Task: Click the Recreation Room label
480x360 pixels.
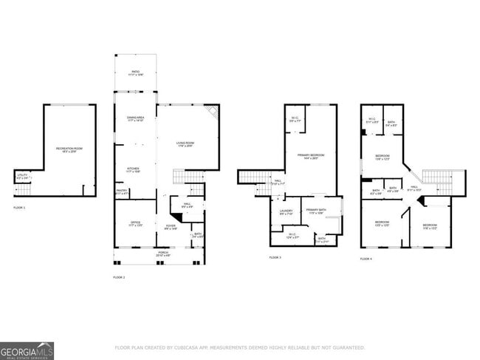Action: click(69, 150)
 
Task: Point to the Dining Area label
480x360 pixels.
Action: click(135, 120)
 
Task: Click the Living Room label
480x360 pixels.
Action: click(185, 144)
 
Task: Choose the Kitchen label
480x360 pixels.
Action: click(133, 169)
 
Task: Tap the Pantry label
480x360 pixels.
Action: click(122, 191)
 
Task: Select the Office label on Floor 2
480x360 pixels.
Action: click(135, 223)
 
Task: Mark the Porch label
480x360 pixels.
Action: click(162, 255)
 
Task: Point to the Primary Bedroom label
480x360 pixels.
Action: click(306, 156)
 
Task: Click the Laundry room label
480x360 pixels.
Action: click(286, 211)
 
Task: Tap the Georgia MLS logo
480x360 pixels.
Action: click(27, 350)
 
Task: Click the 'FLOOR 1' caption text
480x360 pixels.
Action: click(19, 208)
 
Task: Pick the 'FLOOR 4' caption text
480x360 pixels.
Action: click(366, 259)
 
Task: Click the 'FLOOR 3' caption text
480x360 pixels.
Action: click(275, 258)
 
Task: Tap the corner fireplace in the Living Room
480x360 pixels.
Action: click(213, 111)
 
